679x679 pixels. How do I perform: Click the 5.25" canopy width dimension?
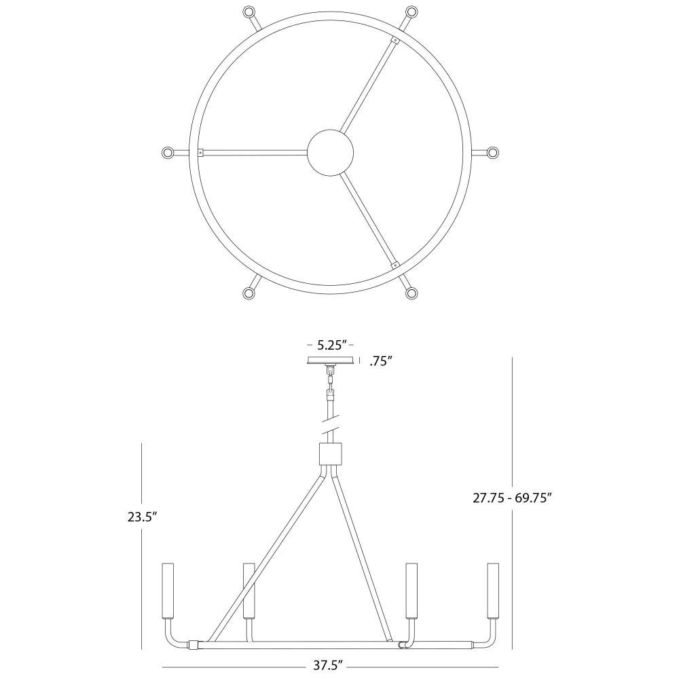(x=332, y=345)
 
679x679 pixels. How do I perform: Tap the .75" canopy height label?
(x=381, y=361)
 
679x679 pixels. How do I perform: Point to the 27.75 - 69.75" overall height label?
(x=511, y=498)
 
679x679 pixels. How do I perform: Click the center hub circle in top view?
(x=331, y=152)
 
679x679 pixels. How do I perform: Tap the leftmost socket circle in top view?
(x=167, y=152)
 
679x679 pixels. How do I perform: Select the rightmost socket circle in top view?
(x=493, y=152)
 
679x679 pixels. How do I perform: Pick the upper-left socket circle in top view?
(x=249, y=12)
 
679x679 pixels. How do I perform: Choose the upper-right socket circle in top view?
(x=411, y=12)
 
